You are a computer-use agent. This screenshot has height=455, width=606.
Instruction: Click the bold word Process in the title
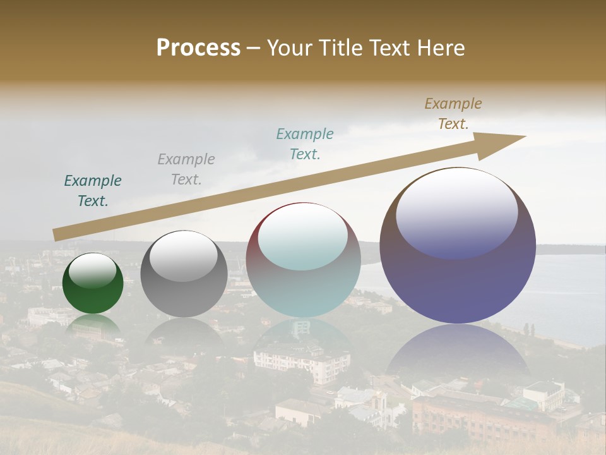[198, 48]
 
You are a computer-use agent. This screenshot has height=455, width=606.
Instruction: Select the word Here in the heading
[441, 48]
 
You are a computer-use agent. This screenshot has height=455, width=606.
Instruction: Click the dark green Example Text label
[93, 191]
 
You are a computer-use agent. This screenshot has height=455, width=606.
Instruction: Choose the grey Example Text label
[186, 169]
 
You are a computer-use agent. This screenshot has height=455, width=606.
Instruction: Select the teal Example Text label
[305, 143]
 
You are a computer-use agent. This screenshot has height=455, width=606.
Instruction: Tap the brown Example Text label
[453, 114]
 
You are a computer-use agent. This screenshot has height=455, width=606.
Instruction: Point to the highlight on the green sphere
[93, 270]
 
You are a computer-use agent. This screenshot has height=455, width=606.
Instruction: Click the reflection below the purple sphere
[458, 354]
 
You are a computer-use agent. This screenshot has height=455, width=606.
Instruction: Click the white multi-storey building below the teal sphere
[302, 361]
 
